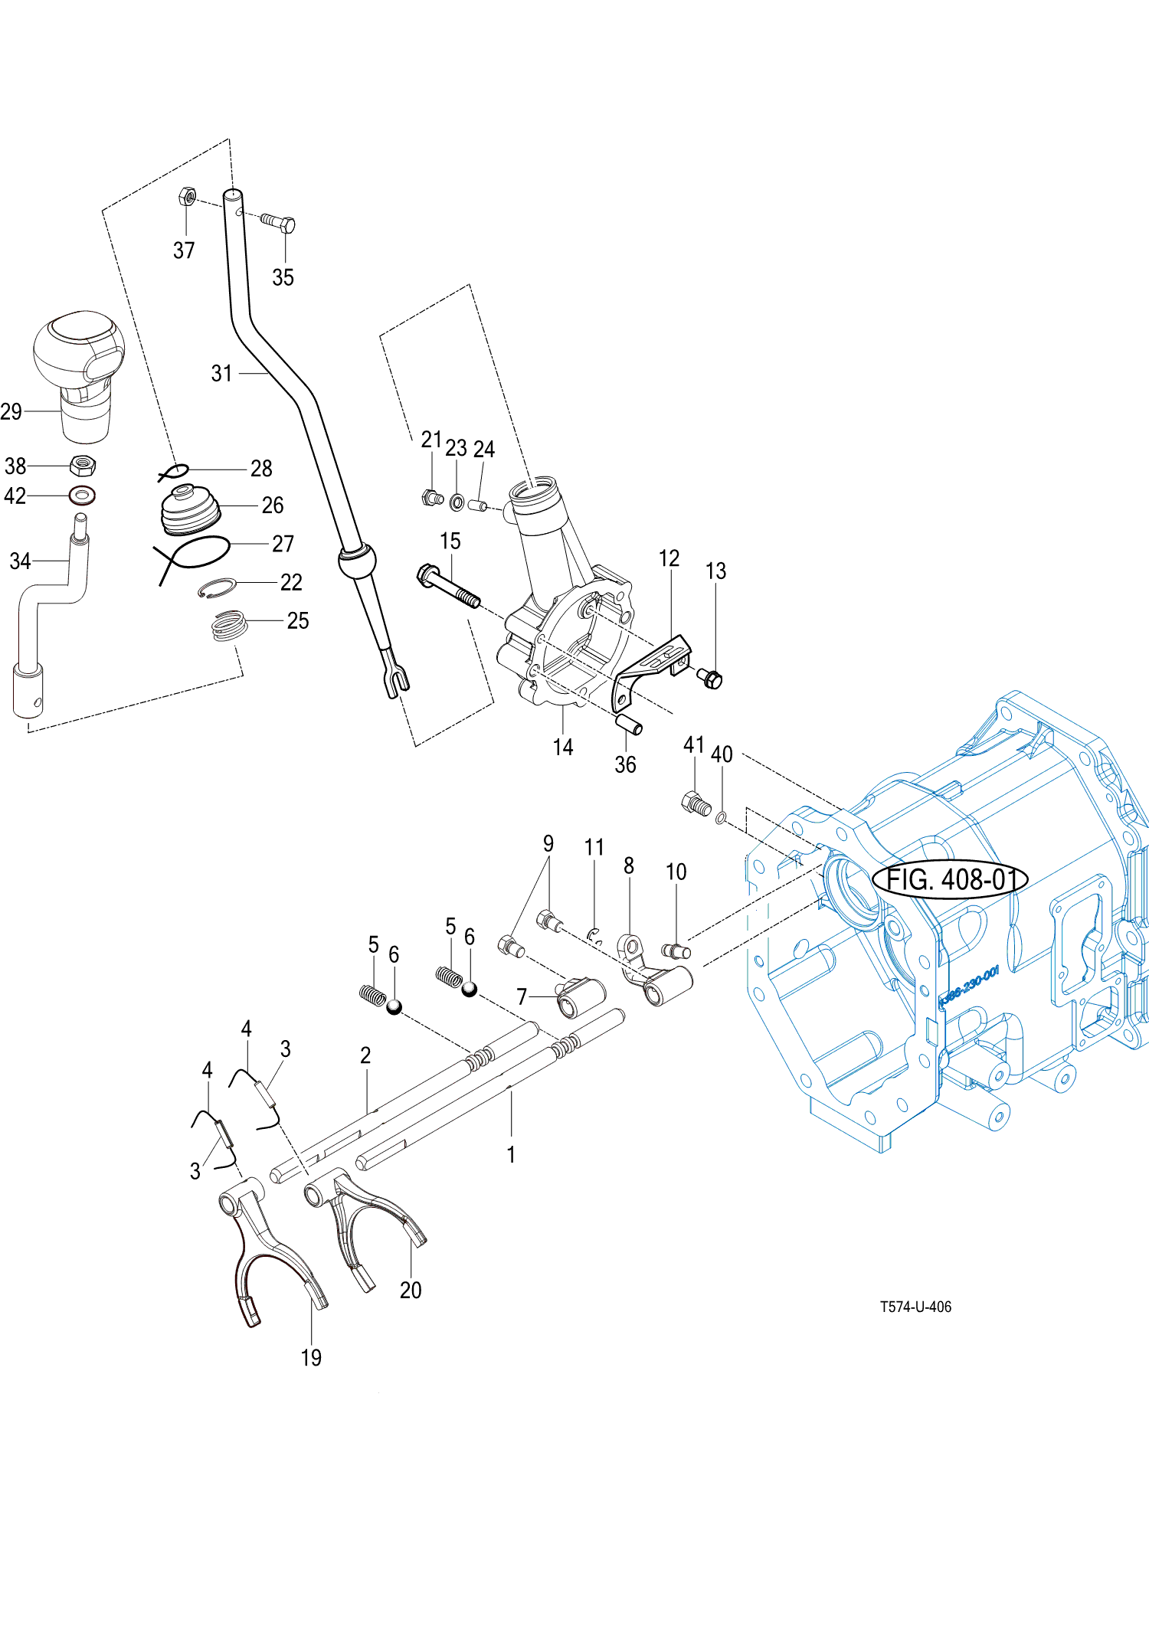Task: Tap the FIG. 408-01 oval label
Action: click(950, 878)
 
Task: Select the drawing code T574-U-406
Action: click(915, 1307)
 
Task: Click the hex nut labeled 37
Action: click(187, 196)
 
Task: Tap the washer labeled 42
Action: click(82, 496)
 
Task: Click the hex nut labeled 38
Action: click(82, 464)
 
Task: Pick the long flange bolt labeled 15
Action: click(448, 586)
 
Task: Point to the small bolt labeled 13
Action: click(711, 678)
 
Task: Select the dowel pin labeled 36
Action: click(629, 724)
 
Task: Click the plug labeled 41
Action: click(696, 804)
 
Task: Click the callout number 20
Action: click(411, 1291)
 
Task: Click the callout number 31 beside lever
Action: click(221, 374)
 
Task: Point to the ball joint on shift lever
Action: click(357, 562)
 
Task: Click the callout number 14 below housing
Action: click(563, 747)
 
